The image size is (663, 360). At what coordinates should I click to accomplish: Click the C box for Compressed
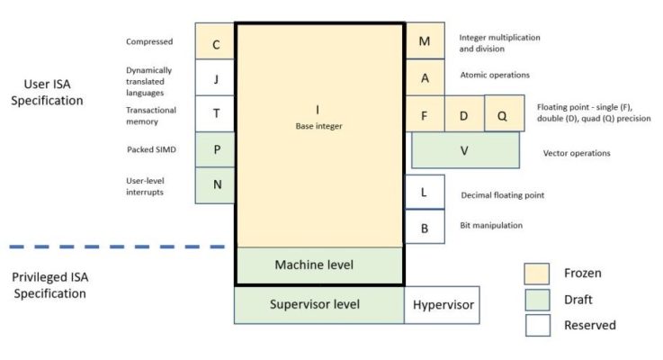pos(216,41)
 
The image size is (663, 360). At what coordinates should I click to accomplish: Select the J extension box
pos(216,77)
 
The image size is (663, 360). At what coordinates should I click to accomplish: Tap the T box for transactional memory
pos(216,113)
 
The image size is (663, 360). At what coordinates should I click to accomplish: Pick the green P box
pos(216,149)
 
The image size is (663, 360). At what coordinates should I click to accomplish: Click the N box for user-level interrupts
pos(216,185)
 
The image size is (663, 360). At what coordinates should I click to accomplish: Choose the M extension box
pos(425,41)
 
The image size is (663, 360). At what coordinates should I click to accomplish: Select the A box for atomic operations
pos(425,77)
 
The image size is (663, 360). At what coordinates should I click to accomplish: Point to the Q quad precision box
pos(502,113)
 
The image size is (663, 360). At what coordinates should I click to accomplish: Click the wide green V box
pos(465,150)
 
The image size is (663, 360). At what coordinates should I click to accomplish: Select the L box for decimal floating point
pos(425,192)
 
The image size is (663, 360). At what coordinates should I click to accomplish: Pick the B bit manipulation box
pos(425,227)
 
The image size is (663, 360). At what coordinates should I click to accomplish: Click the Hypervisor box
pos(443,304)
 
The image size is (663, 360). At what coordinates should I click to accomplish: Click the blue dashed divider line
pos(116,246)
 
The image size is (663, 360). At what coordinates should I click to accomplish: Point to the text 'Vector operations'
pos(577,153)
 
